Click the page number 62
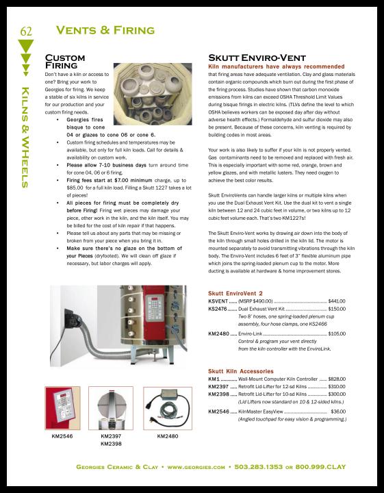tap(26, 31)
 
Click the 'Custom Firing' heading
tap(65, 62)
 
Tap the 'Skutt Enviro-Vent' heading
tap(257, 58)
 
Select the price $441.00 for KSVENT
tap(337, 301)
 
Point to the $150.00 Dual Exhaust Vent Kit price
tap(337, 309)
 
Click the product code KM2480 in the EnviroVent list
tap(219, 333)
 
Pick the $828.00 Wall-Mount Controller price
tap(337, 379)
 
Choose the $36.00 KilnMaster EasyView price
tap(338, 412)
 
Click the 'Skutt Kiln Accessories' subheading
tap(241, 371)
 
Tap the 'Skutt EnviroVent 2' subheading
tap(235, 293)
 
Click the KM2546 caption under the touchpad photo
tap(62, 436)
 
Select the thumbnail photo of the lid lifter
tap(111, 408)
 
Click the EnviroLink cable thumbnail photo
tap(168, 408)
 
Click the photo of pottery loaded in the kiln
tap(153, 94)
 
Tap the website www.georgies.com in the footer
tap(196, 467)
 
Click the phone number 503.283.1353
tap(258, 467)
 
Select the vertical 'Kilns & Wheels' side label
tap(25, 138)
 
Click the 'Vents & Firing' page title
tap(105, 30)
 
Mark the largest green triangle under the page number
tap(26, 46)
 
